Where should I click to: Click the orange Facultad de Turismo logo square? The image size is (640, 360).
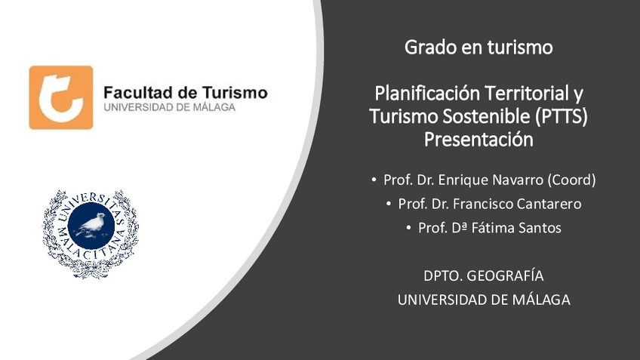pyautogui.click(x=61, y=97)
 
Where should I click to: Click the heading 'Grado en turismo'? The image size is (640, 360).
pyautogui.click(x=478, y=48)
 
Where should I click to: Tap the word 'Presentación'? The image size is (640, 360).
pyautogui.click(x=478, y=140)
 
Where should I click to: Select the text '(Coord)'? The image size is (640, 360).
pyautogui.click(x=571, y=180)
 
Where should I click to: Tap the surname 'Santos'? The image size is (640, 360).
pyautogui.click(x=542, y=227)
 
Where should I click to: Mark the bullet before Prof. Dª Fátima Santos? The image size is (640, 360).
pyautogui.click(x=408, y=227)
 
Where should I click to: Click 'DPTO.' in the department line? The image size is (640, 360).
pyautogui.click(x=442, y=275)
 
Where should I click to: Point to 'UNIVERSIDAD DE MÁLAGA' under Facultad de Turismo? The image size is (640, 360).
pyautogui.click(x=169, y=108)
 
